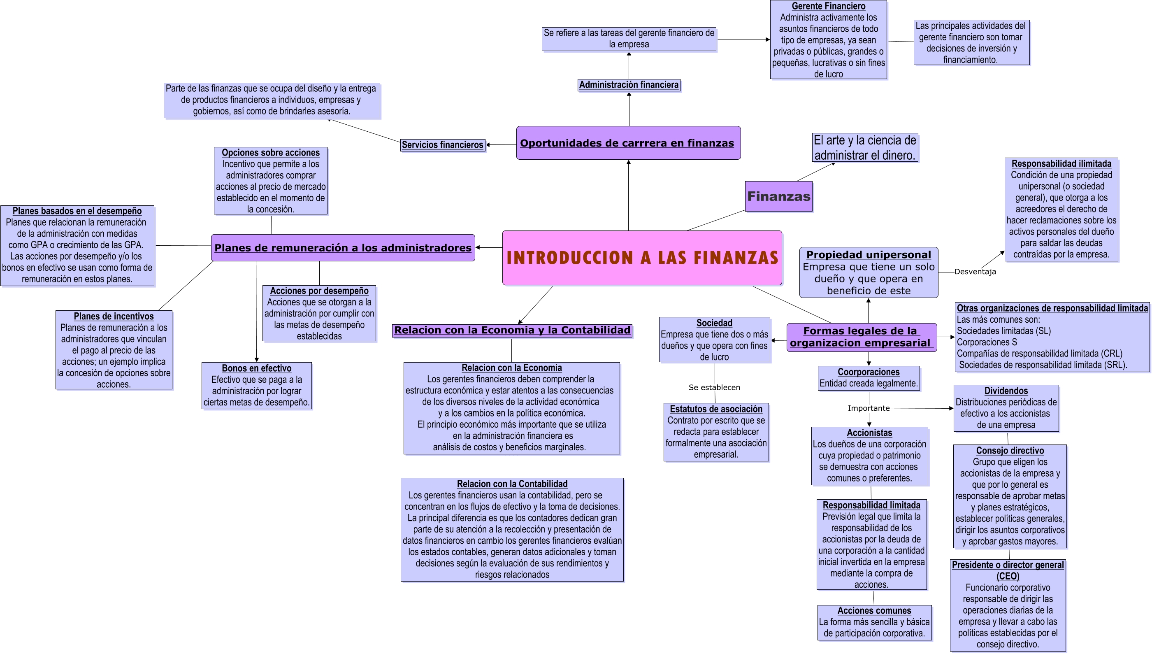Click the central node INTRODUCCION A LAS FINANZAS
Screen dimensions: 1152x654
pyautogui.click(x=642, y=258)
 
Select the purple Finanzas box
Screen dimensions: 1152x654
pyautogui.click(x=778, y=196)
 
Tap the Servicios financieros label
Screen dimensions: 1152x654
pyautogui.click(x=442, y=144)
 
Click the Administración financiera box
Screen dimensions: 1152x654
pyautogui.click(x=629, y=85)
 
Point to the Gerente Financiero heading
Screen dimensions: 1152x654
pyautogui.click(x=828, y=6)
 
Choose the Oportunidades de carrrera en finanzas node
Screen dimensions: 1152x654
pyautogui.click(x=628, y=143)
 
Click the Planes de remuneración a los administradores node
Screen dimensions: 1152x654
pyautogui.click(x=343, y=247)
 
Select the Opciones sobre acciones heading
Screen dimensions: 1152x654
pyautogui.click(x=271, y=153)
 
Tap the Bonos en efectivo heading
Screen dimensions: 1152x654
pyautogui.click(x=256, y=368)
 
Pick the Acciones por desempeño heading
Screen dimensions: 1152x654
pyautogui.click(x=319, y=291)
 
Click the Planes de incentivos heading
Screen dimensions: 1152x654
pyautogui.click(x=114, y=316)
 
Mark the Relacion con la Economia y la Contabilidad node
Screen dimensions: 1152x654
pyautogui.click(x=512, y=330)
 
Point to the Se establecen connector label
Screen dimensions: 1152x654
pyautogui.click(x=714, y=387)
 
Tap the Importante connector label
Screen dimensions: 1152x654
pyautogui.click(x=869, y=408)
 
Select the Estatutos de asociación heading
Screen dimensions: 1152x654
pyautogui.click(x=716, y=409)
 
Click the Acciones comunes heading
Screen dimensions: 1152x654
pyautogui.click(x=874, y=611)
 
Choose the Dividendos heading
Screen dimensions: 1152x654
pyautogui.click(x=1006, y=391)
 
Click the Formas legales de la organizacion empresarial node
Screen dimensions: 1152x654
pyautogui.click(x=862, y=337)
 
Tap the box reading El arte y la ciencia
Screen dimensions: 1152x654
pyautogui.click(x=865, y=147)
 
